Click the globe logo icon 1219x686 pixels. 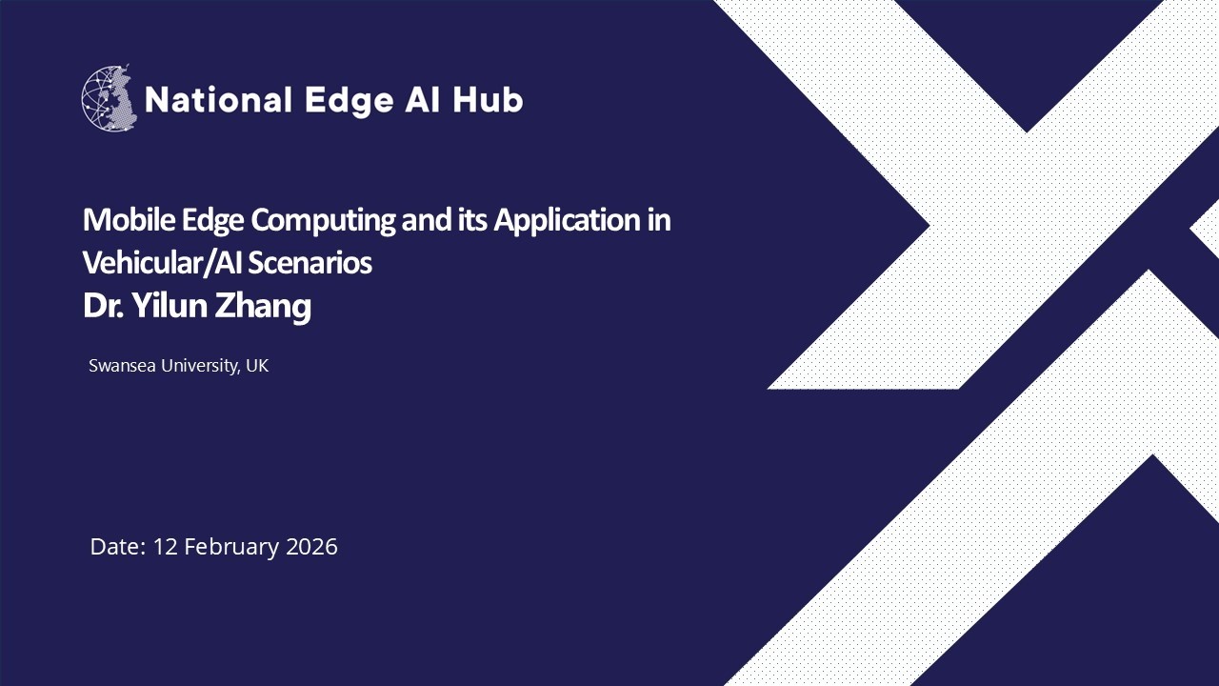(x=110, y=98)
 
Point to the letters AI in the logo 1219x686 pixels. (x=423, y=99)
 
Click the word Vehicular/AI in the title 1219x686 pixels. (x=163, y=262)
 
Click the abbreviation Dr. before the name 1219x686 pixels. (x=98, y=306)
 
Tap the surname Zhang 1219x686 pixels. (x=268, y=308)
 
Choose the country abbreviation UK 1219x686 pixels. (x=257, y=366)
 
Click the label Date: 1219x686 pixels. (x=118, y=547)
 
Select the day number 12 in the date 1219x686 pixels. (x=166, y=547)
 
